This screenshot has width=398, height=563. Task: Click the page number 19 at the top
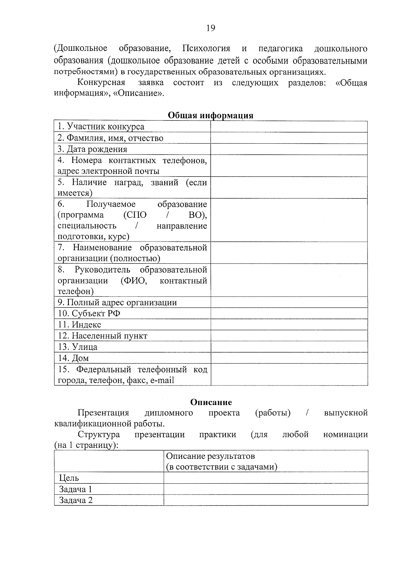(x=211, y=28)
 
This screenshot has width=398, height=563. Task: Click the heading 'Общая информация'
(x=211, y=115)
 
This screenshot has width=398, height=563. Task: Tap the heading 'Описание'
(x=211, y=402)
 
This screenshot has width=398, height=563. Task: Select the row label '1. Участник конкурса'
(x=101, y=127)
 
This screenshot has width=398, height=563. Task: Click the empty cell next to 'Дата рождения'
(x=289, y=149)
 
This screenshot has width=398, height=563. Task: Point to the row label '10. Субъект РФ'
(x=89, y=314)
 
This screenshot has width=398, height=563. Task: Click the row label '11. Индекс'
(x=80, y=325)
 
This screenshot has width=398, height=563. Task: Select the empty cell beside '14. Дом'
(x=289, y=358)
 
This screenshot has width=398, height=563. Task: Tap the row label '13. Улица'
(x=78, y=347)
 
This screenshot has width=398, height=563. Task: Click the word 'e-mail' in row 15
(x=162, y=380)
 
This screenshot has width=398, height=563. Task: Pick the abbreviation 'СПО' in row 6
(x=135, y=215)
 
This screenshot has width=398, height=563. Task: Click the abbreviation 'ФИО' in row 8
(x=134, y=281)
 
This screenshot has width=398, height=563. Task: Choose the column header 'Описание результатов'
(x=210, y=456)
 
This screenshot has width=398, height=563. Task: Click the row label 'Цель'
(x=69, y=478)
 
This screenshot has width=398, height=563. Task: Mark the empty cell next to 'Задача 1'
(x=266, y=489)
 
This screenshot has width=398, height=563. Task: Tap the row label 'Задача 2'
(x=76, y=500)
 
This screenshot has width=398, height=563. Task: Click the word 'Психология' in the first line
(x=206, y=48)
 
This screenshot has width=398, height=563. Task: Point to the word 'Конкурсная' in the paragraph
(x=101, y=82)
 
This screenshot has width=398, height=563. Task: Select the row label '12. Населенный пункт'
(x=102, y=336)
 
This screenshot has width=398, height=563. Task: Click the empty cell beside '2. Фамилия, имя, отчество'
(x=289, y=138)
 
